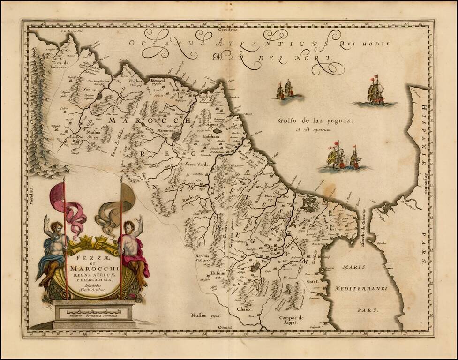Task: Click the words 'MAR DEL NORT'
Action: (x=271, y=58)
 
